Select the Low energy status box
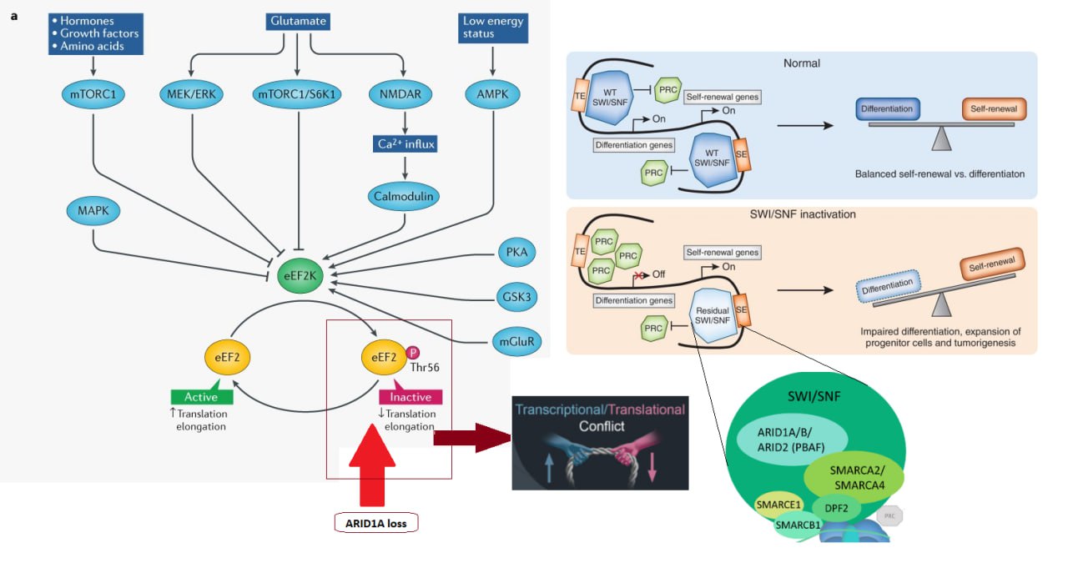click(x=491, y=27)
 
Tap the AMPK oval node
click(x=492, y=94)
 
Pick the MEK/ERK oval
click(x=191, y=94)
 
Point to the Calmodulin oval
click(x=404, y=196)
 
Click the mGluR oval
click(x=516, y=340)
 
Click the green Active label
click(x=199, y=397)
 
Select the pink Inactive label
click(x=410, y=397)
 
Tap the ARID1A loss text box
click(x=375, y=524)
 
